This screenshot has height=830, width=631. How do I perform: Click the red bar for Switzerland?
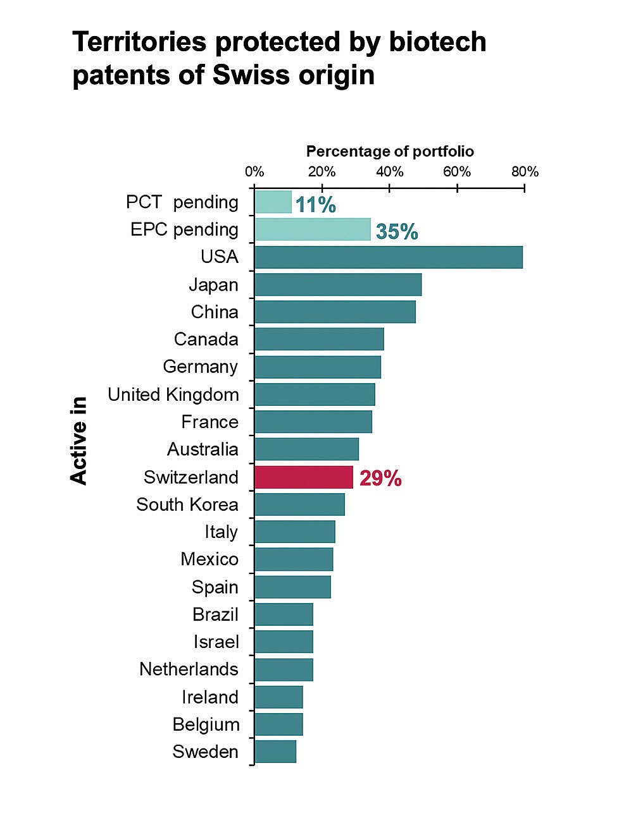coord(304,477)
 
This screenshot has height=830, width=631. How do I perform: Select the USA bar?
coord(389,257)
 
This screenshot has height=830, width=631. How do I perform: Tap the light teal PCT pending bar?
coord(273,202)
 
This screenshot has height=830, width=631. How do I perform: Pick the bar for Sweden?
coord(275,752)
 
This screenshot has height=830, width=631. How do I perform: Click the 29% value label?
coord(380,479)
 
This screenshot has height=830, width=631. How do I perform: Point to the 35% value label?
coord(397,232)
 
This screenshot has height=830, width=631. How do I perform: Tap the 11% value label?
coord(315,205)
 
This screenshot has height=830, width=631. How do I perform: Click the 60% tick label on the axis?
coord(457,172)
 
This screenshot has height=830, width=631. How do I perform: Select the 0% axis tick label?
coord(254,172)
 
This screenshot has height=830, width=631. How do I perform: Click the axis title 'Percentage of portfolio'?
coord(390,152)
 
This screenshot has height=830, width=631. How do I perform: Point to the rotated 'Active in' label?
coord(78,441)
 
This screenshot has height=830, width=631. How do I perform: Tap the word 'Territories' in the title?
coord(139,42)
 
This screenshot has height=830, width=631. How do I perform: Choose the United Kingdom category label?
coord(173,395)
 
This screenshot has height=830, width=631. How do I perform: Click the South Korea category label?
coord(187,504)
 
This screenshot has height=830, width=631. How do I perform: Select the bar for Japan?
coord(338,284)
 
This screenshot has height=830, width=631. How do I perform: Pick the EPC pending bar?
coord(313,229)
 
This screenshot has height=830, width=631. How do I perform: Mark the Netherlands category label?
coord(189,669)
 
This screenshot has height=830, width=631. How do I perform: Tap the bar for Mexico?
coord(294,559)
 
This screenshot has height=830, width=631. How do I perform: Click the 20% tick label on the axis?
coord(322,172)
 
